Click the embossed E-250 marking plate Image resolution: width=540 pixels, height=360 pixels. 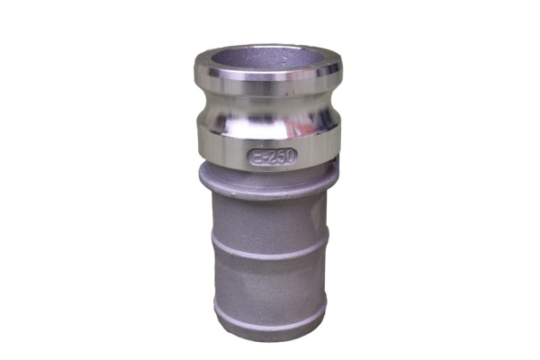coord(272,157)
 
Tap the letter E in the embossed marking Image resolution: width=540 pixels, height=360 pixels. coord(256,158)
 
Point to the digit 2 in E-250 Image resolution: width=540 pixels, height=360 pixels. coord(271,157)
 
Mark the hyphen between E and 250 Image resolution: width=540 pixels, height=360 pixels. coord(264,158)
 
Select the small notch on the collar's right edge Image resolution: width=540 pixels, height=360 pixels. coord(336,163)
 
